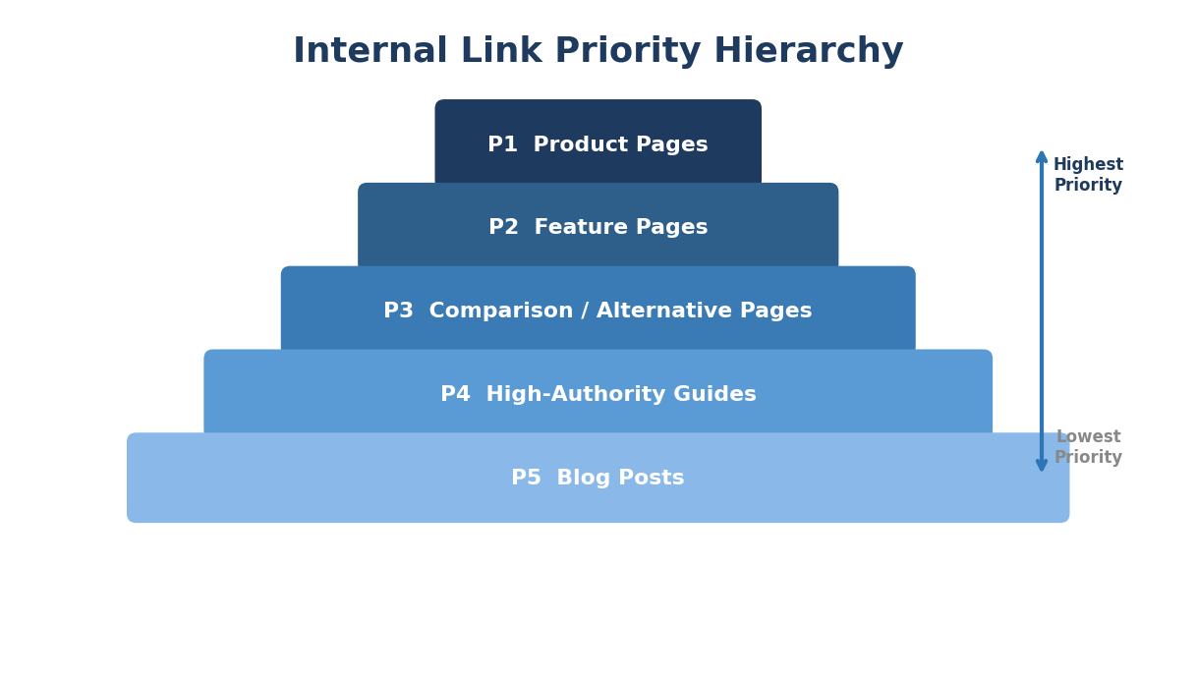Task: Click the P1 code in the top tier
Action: (502, 145)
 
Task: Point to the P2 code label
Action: (503, 228)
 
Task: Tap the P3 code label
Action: (398, 312)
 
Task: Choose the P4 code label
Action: (455, 395)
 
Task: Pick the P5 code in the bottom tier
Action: (526, 479)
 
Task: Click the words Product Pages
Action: (620, 145)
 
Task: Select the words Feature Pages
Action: (621, 228)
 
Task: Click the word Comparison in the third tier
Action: (498, 312)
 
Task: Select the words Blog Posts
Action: (620, 479)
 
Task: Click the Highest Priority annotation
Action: (1088, 175)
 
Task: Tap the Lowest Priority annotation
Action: (1088, 447)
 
